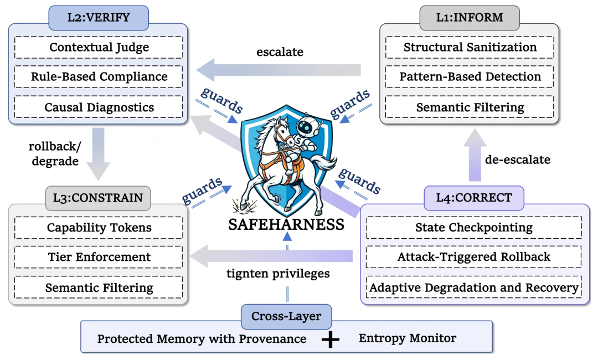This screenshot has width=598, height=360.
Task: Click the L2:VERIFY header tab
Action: click(99, 18)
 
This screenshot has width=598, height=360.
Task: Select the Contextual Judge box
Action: click(99, 48)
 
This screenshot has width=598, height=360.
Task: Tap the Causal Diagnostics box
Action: click(99, 107)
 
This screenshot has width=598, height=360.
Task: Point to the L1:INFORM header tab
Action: click(470, 18)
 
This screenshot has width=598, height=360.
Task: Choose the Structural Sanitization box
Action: click(470, 48)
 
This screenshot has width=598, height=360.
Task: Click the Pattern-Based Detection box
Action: click(470, 77)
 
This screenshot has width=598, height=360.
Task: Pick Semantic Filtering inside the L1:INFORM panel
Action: click(470, 107)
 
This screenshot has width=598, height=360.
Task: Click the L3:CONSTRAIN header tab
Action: click(99, 198)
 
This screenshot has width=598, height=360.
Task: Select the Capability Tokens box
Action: click(99, 228)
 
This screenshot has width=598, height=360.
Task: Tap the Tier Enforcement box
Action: click(99, 257)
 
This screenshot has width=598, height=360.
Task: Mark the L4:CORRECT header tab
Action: click(473, 198)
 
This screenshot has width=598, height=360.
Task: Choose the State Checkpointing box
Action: click(473, 228)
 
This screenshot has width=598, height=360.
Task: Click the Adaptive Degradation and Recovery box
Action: click(473, 287)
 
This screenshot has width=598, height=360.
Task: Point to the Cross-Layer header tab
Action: click(287, 317)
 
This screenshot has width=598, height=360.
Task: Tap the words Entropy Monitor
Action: click(407, 338)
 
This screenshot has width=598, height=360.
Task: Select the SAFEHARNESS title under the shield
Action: click(286, 225)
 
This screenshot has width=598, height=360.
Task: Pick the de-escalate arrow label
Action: click(518, 160)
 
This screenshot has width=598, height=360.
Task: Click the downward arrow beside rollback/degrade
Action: click(99, 153)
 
